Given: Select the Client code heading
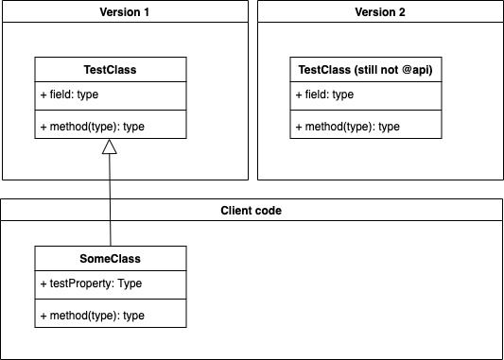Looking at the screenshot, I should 251,210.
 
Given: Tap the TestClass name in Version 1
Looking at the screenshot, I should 111,70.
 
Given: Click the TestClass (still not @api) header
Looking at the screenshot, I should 366,70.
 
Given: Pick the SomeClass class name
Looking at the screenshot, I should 111,258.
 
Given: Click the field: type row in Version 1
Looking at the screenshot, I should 76,94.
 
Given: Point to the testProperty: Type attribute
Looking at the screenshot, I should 91,283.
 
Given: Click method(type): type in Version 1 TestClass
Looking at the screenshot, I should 93,126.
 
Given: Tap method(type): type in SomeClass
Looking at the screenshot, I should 93,314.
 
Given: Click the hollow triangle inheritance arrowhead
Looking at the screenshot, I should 111,146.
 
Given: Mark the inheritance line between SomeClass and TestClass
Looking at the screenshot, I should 111,198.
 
